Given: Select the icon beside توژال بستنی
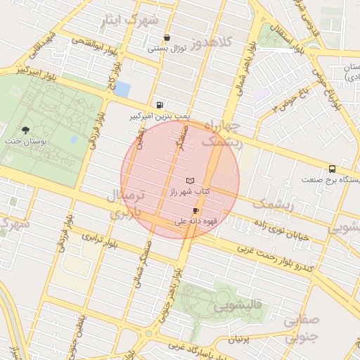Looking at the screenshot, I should coord(167,39).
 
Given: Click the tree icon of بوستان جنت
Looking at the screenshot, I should coord(26,130).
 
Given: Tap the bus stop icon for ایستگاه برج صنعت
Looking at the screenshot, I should coord(332,169).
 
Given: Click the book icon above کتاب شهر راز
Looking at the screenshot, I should coord(190,181).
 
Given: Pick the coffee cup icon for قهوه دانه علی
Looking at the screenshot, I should coord(195,210).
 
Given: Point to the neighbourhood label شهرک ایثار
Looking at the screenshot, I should coord(130,20).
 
